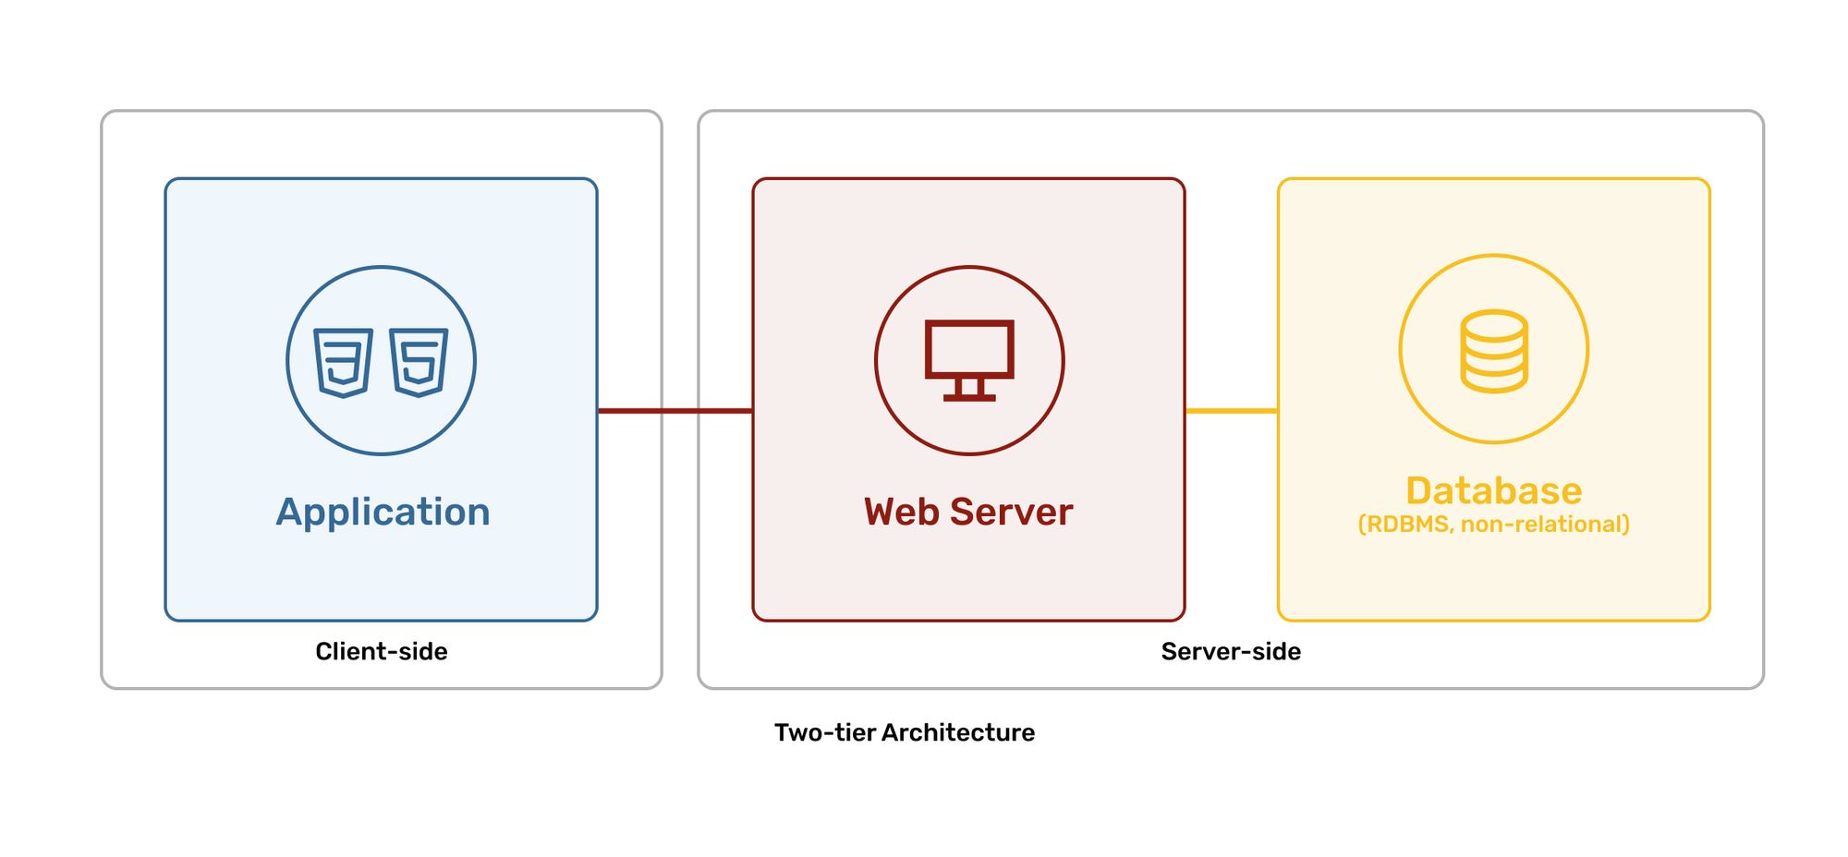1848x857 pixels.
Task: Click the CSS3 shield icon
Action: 343,362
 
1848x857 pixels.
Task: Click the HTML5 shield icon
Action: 419,362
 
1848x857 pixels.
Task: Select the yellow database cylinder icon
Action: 1493,351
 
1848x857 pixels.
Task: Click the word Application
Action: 383,512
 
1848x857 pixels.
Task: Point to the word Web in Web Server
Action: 902,512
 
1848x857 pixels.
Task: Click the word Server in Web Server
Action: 1012,512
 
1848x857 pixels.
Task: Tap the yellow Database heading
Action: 1493,490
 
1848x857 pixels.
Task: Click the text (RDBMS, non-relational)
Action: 1493,525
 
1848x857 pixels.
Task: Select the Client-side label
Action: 381,652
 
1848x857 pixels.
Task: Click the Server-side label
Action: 1231,652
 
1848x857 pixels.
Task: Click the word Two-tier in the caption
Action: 824,732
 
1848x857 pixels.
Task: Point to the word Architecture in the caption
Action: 957,732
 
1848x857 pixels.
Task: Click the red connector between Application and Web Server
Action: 675,410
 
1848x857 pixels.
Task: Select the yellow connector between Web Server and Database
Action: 1231,410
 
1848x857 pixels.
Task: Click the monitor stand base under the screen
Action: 969,397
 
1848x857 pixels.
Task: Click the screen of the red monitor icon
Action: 969,348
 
